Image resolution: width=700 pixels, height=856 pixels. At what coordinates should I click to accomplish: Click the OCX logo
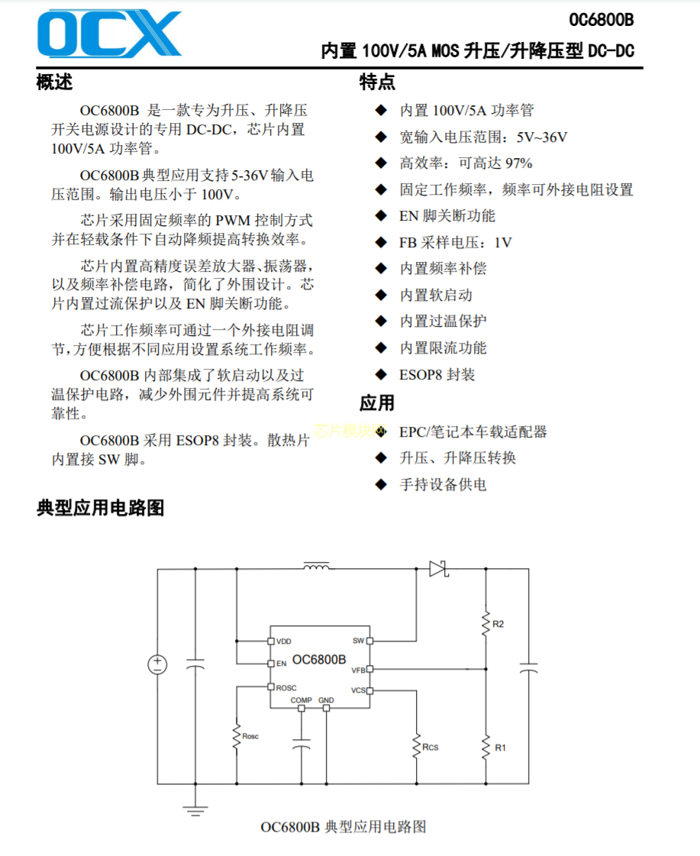click(109, 34)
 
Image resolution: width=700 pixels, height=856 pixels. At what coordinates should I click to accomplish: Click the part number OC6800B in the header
click(601, 21)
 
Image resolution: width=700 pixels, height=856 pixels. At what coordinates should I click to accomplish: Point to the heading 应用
click(377, 402)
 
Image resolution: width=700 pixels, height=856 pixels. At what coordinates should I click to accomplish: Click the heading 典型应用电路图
click(100, 508)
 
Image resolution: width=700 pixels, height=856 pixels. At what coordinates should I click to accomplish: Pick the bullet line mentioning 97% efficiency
click(466, 163)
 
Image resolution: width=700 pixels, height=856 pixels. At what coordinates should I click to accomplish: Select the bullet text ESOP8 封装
click(437, 375)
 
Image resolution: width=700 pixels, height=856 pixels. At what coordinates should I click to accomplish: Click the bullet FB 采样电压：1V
click(455, 243)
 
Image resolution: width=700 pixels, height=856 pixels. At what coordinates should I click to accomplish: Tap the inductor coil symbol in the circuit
click(316, 567)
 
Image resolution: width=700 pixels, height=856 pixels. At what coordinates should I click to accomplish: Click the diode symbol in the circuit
click(437, 569)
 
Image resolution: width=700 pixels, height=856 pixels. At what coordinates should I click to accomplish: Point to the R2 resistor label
click(498, 625)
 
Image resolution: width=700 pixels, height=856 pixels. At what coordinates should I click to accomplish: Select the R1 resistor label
click(500, 748)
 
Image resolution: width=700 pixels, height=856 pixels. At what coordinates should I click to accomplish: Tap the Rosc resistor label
click(250, 736)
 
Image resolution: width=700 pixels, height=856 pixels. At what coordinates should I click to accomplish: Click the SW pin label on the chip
click(358, 641)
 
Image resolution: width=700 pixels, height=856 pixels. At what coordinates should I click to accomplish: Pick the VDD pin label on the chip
click(283, 641)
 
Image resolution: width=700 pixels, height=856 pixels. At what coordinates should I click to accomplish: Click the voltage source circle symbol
click(157, 664)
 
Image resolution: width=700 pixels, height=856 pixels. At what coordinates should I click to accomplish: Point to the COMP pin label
click(301, 700)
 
